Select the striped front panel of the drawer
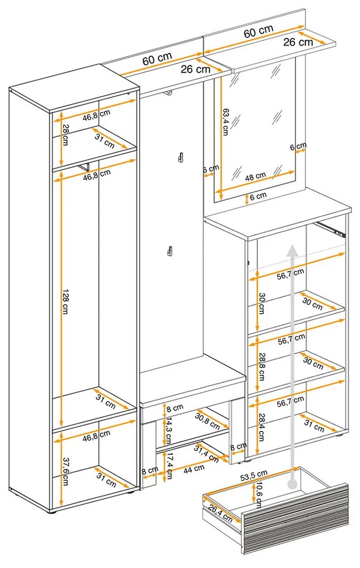coord(295,518)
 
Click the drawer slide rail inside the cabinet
coord(332,228)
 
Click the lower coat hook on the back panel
coord(166,252)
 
